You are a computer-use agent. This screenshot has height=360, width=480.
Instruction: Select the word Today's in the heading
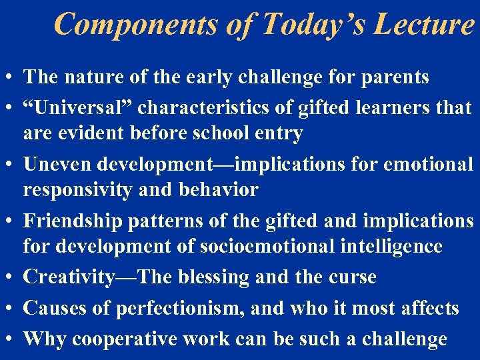pos(303,24)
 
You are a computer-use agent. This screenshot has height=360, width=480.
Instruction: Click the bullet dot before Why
pos(11,339)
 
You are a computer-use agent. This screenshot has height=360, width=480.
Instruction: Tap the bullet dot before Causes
pos(11,308)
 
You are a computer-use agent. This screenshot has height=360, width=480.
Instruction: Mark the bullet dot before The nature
pos(11,77)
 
